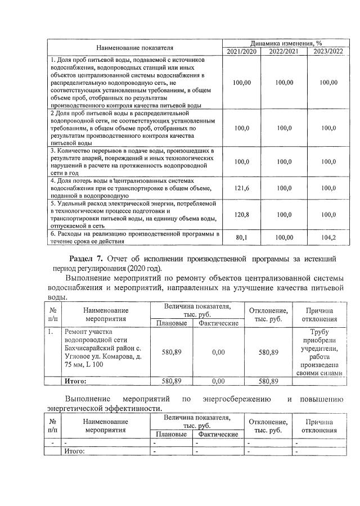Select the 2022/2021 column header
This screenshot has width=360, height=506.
[x=284, y=52]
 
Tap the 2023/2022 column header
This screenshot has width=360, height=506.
[x=327, y=52]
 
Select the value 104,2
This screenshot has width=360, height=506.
[x=327, y=237]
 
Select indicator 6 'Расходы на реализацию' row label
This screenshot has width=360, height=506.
[x=133, y=237]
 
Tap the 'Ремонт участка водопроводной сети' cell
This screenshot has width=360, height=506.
[x=103, y=352]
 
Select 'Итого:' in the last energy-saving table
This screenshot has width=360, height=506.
[x=74, y=451]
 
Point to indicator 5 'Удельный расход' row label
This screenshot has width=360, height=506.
[x=133, y=214]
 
